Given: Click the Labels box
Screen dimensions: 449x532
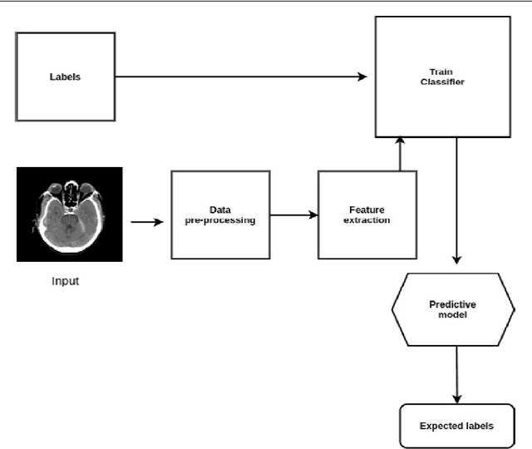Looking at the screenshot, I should click(x=65, y=76).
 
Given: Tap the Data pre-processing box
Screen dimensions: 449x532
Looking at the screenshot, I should click(x=219, y=215).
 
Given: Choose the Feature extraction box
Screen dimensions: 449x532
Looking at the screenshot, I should click(x=367, y=215).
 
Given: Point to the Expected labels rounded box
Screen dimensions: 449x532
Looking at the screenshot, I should click(x=456, y=426).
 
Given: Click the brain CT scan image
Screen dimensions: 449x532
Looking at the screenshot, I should click(x=69, y=215).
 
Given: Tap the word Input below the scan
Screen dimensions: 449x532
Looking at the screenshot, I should click(x=66, y=281).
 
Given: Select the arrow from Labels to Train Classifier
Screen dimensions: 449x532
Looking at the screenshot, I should click(x=241, y=76).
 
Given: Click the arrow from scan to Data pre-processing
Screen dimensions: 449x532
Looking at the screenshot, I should click(x=146, y=222).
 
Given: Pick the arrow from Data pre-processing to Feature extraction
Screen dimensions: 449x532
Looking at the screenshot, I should click(x=293, y=215).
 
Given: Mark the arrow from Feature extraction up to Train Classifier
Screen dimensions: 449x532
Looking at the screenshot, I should click(x=401, y=154).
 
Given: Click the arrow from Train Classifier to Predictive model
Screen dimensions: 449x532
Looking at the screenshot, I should click(x=456, y=200).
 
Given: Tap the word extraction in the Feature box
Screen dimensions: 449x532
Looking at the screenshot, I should click(x=367, y=220).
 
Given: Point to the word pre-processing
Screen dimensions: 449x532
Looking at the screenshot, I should click(x=219, y=220).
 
